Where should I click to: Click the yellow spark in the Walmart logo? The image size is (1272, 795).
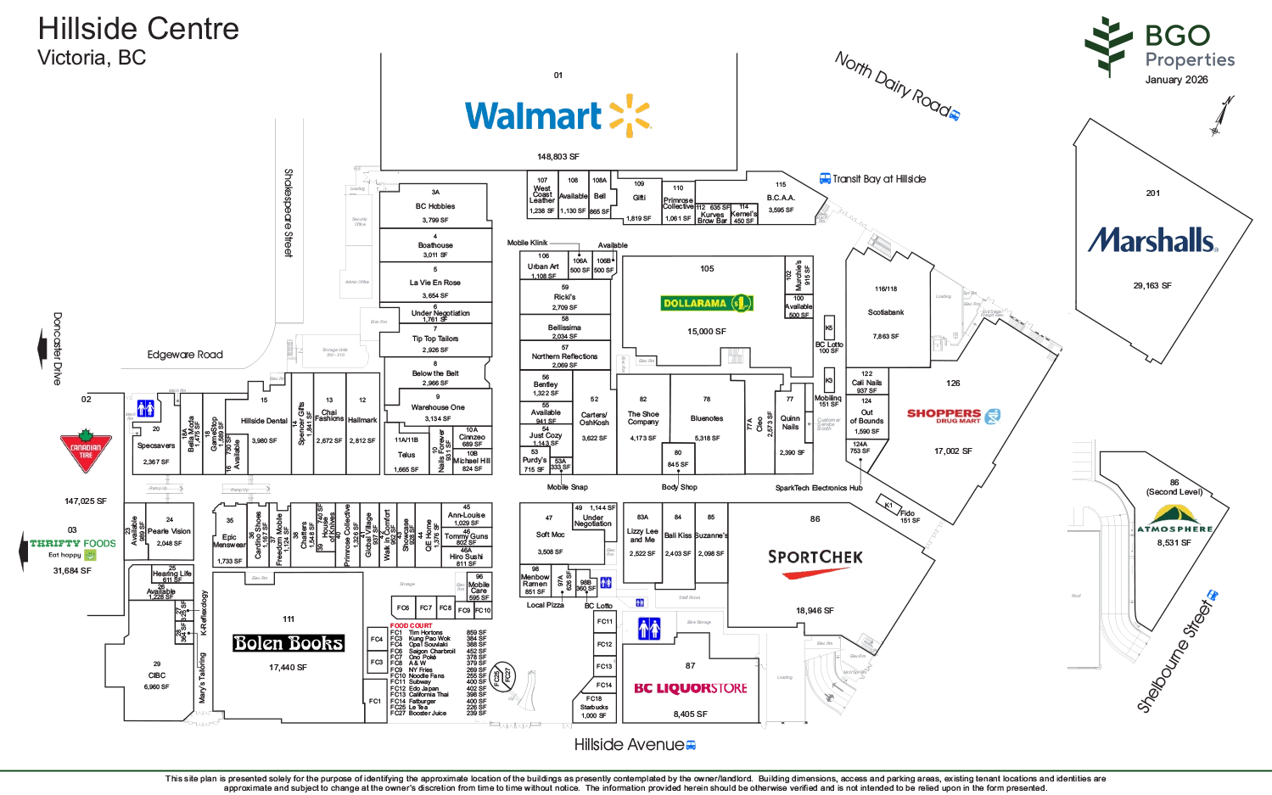coord(629,115)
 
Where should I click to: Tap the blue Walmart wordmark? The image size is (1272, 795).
coord(533,116)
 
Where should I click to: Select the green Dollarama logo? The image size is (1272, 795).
coord(709,303)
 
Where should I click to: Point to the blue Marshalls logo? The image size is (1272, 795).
coord(1152,242)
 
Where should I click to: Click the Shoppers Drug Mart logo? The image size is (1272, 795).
coord(954,417)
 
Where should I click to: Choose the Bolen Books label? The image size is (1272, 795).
coord(289,643)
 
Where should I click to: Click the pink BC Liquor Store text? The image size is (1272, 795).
coord(691,688)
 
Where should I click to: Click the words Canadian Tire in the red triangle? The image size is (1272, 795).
coord(85,452)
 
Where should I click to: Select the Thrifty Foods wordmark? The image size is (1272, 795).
coord(74,543)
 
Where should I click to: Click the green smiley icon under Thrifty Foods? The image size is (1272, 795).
coord(90,556)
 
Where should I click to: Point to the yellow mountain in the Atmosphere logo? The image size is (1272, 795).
coord(1176,514)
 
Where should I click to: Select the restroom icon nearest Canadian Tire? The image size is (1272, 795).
coord(146,409)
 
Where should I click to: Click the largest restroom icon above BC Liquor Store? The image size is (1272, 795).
coord(649,629)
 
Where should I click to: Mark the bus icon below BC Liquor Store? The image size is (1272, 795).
coord(692,746)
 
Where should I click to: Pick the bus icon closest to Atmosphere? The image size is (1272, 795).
coord(1213,596)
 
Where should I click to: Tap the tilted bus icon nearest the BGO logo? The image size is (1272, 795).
coord(955,115)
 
